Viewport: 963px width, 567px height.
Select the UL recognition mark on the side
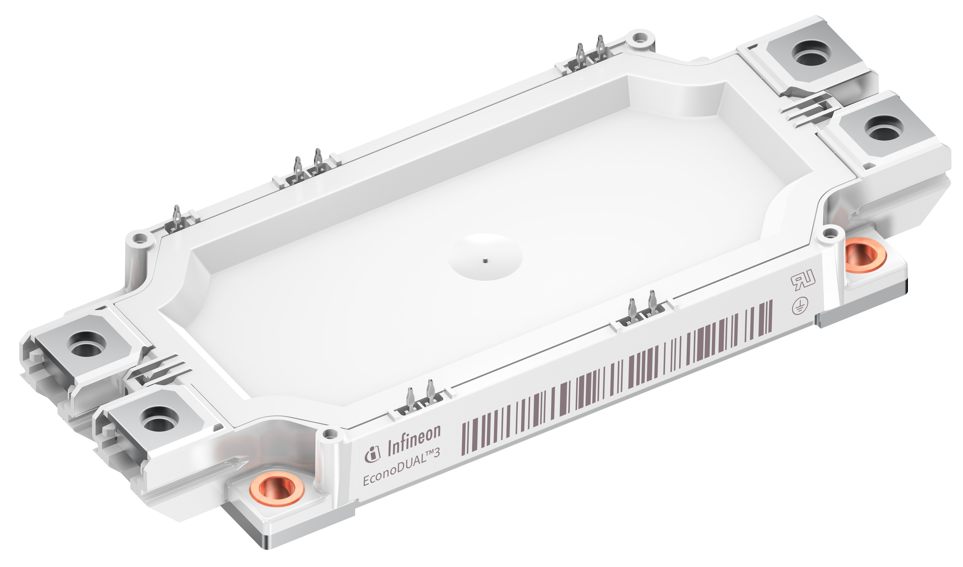[x=803, y=280]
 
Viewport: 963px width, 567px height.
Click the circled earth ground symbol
[x=800, y=306]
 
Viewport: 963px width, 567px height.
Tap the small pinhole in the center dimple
[x=485, y=261]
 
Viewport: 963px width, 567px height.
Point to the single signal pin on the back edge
[x=177, y=218]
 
